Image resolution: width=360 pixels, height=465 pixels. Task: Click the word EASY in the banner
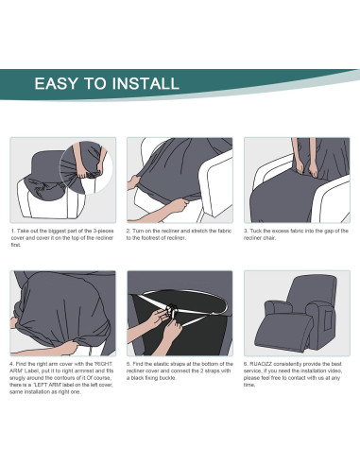[x=56, y=83]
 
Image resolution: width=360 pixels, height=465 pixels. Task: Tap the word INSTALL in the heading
[x=146, y=83]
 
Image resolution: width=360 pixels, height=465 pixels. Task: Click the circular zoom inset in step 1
[x=86, y=167]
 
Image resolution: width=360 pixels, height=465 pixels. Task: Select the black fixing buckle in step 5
[x=172, y=311]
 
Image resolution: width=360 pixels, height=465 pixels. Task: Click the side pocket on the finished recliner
[x=328, y=319]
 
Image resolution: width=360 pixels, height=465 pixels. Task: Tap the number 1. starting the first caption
[x=13, y=231]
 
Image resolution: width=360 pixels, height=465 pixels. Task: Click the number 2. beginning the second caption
[x=129, y=231]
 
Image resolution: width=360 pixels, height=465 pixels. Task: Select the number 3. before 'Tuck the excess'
[x=246, y=231]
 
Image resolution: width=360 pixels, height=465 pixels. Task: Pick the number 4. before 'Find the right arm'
[x=12, y=364]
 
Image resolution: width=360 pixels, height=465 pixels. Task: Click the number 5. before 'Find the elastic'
[x=129, y=364]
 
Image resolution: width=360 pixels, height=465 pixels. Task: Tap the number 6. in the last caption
[x=246, y=364]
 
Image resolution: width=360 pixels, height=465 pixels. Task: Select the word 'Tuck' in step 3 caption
[x=255, y=231]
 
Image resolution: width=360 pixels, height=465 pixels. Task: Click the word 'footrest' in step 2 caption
[x=153, y=238]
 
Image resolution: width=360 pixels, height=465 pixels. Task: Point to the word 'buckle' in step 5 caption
[x=167, y=378]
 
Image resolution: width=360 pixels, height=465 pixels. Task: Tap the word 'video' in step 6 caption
[x=334, y=370]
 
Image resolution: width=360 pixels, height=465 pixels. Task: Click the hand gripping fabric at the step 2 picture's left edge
[x=133, y=182]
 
